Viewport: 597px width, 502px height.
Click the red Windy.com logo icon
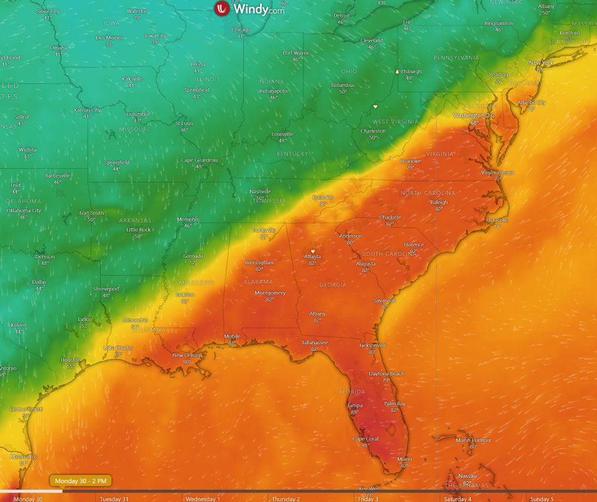click(222, 8)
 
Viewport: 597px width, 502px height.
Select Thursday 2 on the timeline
click(286, 498)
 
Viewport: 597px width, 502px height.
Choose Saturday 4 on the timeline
click(457, 498)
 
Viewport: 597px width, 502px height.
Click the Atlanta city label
click(313, 257)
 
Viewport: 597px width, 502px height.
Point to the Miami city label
click(404, 458)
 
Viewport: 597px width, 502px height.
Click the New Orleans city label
click(186, 355)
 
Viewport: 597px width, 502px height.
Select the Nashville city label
click(260, 192)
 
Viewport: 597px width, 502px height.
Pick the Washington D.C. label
click(475, 115)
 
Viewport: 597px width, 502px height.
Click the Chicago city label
click(241, 29)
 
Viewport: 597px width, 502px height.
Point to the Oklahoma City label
click(23, 210)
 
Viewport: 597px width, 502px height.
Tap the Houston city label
click(70, 360)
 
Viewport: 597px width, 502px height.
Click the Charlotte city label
click(390, 217)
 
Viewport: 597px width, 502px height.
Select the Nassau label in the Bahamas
click(467, 476)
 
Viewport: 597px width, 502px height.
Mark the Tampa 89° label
click(355, 405)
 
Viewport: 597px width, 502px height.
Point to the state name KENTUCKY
click(293, 154)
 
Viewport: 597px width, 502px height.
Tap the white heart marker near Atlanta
click(312, 251)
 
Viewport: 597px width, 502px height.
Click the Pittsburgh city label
click(409, 71)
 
